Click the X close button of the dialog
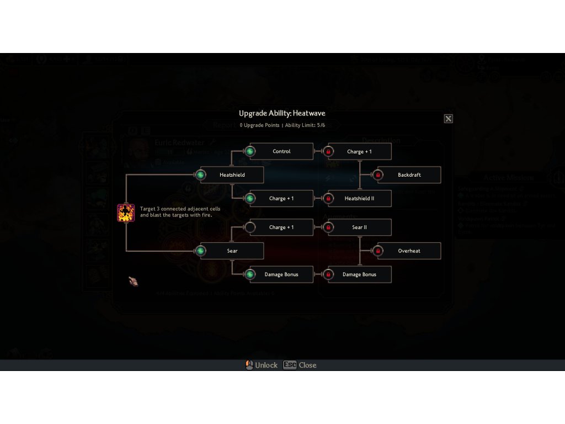point(448,119)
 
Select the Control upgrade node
point(281,151)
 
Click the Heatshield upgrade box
point(232,175)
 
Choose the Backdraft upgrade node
point(409,175)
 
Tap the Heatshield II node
point(359,199)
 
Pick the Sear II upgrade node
point(359,227)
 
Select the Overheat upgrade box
point(409,251)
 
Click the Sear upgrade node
point(232,251)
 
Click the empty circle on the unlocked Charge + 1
point(250,227)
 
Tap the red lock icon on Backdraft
point(378,175)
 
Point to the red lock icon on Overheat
point(378,251)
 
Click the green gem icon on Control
point(250,151)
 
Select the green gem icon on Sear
point(200,251)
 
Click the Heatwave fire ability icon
point(126,213)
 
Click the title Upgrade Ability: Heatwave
point(282,113)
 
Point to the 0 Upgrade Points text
point(259,125)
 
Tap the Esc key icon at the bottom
point(290,365)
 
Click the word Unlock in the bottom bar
point(266,365)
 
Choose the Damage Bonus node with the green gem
point(281,274)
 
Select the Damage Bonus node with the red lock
point(359,274)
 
